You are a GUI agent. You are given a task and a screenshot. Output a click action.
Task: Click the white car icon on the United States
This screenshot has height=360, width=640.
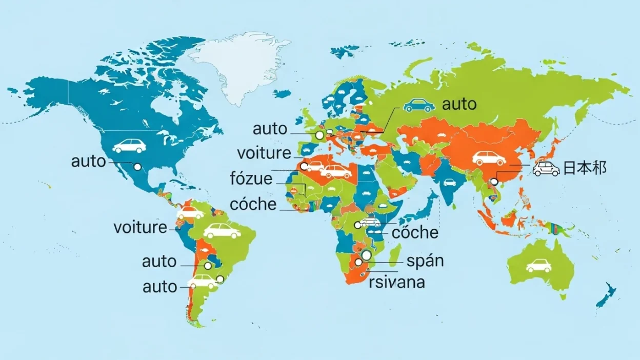tap(129, 146)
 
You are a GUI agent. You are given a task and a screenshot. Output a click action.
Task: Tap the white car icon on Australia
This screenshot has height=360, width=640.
tap(538, 266)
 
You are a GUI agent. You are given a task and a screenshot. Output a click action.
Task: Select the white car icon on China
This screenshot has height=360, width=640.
tap(489, 158)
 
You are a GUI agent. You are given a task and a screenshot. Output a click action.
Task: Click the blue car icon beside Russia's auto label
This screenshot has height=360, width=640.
tap(419, 105)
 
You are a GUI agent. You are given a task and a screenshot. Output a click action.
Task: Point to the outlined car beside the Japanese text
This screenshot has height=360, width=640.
tap(546, 168)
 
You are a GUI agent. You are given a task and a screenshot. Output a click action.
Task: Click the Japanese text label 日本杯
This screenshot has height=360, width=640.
tap(585, 168)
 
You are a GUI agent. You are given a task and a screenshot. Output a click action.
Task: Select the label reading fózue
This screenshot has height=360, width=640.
tap(251, 179)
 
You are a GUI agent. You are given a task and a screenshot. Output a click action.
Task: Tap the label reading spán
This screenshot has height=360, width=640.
tap(425, 261)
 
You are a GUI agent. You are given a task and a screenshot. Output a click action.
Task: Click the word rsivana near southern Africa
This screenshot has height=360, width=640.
tap(397, 282)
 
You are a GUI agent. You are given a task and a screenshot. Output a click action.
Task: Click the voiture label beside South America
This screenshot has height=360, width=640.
tap(140, 227)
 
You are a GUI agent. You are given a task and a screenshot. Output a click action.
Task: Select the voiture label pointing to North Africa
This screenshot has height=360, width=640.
tap(264, 153)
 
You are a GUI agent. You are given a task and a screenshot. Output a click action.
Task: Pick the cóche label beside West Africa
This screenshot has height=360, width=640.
tap(253, 204)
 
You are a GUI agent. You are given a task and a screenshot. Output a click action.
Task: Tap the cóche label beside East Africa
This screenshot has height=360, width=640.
tap(415, 232)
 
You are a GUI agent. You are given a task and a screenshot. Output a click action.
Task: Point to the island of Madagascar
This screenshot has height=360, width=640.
tap(394, 255)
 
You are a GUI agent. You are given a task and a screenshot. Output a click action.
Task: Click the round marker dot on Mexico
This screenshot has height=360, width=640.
tap(137, 167)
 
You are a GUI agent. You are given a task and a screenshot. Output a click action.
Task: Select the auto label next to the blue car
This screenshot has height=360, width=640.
tap(459, 105)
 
